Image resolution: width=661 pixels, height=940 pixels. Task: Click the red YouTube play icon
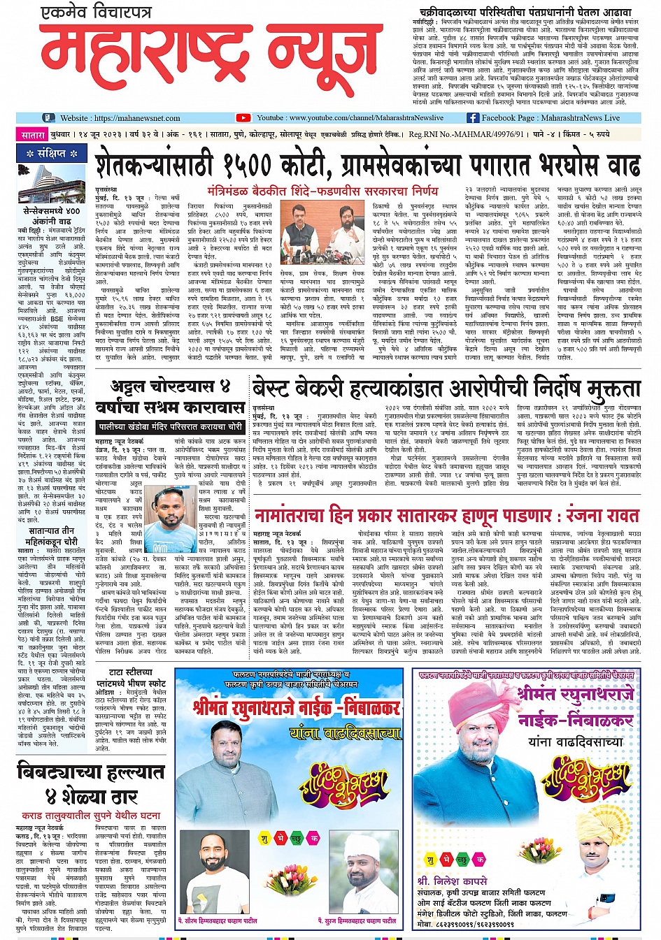tap(243, 118)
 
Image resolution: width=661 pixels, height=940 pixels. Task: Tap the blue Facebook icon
tap(473, 118)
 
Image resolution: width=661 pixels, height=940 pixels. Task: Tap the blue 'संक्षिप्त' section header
tap(52, 153)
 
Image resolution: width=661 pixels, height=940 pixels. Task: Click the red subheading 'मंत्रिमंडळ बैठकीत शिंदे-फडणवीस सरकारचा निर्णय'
tap(322, 190)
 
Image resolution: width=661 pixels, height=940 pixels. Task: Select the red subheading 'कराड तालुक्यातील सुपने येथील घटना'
tap(91, 815)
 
